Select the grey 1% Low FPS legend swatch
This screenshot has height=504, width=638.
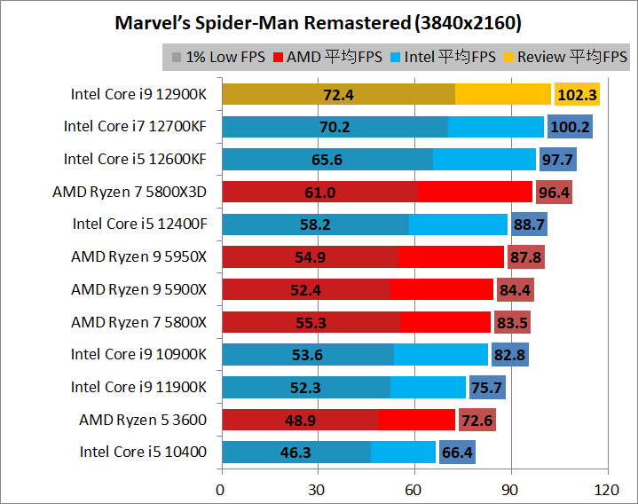pyautogui.click(x=177, y=58)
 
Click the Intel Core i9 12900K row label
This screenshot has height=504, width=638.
pyautogui.click(x=138, y=93)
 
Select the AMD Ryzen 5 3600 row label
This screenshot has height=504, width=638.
pyautogui.click(x=142, y=419)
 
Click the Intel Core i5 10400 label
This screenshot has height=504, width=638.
pyautogui.click(x=143, y=452)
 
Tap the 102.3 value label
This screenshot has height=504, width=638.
pyautogui.click(x=576, y=94)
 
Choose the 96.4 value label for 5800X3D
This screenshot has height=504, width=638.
pyautogui.click(x=554, y=192)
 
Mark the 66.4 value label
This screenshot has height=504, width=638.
pyautogui.click(x=457, y=453)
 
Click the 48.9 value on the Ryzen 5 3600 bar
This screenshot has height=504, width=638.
pyautogui.click(x=300, y=420)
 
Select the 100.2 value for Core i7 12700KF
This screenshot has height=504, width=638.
pyautogui.click(x=570, y=127)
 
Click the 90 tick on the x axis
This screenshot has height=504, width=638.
pyautogui.click(x=510, y=488)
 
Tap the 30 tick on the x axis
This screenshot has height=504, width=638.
pyautogui.click(x=317, y=488)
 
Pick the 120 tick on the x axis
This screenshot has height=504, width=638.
pyautogui.click(x=606, y=488)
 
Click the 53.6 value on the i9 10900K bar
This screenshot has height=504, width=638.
pyautogui.click(x=308, y=355)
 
